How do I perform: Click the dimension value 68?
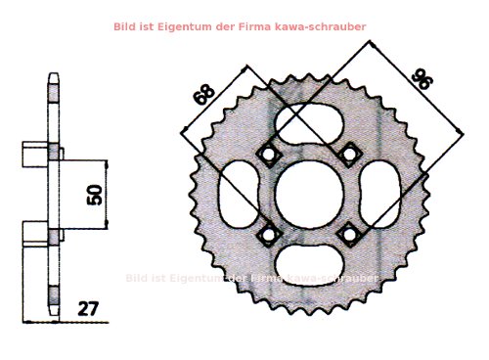(203, 96)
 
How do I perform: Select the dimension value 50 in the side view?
(95, 194)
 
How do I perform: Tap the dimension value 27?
(88, 308)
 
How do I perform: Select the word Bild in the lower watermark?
(138, 278)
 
